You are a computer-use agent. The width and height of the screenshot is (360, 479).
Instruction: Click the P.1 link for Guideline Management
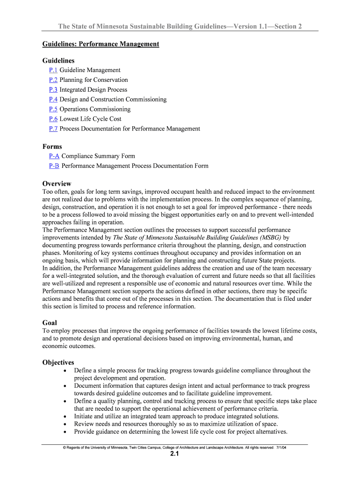pyautogui.click(x=53, y=70)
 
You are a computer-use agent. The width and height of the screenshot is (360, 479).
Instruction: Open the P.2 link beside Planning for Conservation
pyautogui.click(x=53, y=80)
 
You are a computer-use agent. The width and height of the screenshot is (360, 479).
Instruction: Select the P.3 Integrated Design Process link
pyautogui.click(x=53, y=90)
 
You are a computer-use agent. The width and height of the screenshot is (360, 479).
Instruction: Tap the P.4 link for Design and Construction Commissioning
pyautogui.click(x=53, y=100)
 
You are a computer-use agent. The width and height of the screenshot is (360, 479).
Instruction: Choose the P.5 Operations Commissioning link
pyautogui.click(x=53, y=109)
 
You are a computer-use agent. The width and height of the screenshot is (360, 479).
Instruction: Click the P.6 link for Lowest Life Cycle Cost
pyautogui.click(x=53, y=119)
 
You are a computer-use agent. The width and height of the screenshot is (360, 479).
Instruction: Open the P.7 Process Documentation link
pyautogui.click(x=53, y=129)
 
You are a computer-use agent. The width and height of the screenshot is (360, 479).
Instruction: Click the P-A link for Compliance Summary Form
pyautogui.click(x=54, y=156)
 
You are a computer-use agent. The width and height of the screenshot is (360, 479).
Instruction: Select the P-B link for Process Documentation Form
pyautogui.click(x=54, y=166)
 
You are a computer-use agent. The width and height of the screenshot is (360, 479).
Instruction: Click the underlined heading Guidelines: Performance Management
pyautogui.click(x=101, y=44)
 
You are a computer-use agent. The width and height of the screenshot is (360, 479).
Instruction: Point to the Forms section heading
pyautogui.click(x=52, y=147)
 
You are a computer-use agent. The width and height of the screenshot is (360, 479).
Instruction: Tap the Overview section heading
pyautogui.click(x=57, y=184)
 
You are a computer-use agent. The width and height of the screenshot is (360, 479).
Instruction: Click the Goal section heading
pyautogui.click(x=50, y=323)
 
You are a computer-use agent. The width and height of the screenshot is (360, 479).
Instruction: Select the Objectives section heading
pyautogui.click(x=58, y=363)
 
